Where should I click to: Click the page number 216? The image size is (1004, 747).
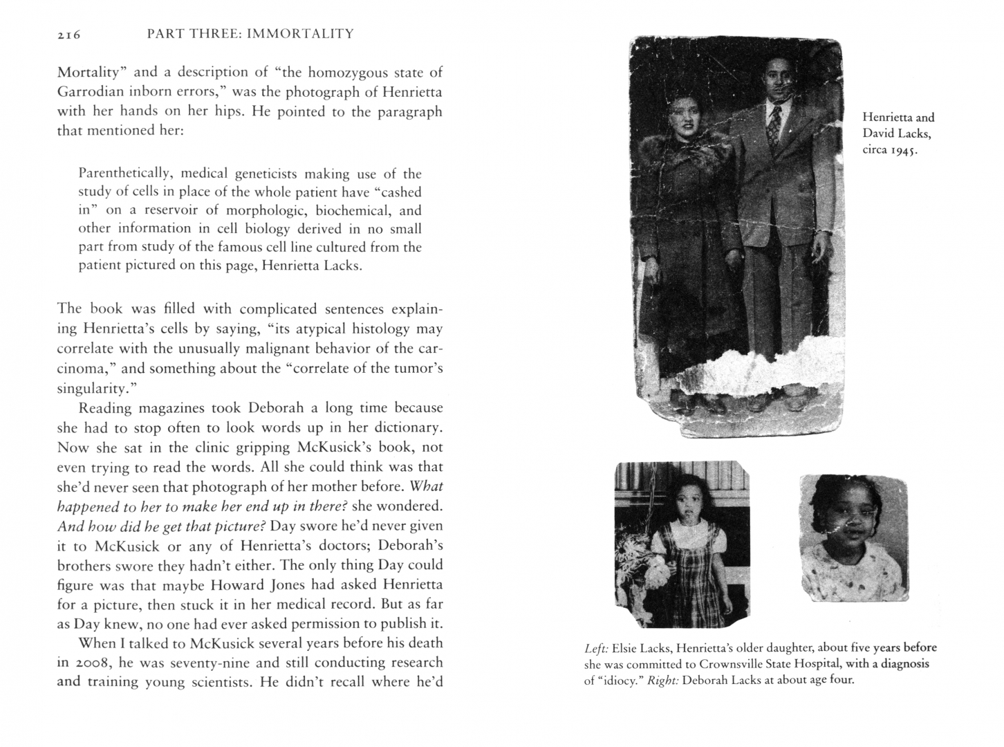[69, 35]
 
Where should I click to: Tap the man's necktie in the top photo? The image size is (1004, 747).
[774, 126]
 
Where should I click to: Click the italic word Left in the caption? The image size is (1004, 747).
[596, 649]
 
